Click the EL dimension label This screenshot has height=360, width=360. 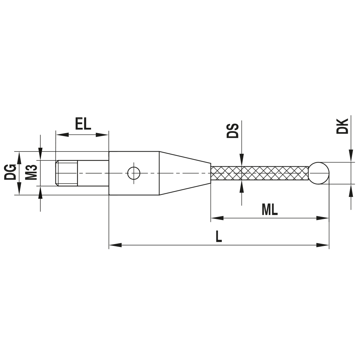click(x=83, y=124)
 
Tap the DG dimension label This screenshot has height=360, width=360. click(x=10, y=173)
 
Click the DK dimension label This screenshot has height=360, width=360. click(x=342, y=126)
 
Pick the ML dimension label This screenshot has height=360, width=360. click(x=270, y=210)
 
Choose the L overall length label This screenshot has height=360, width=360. click(x=219, y=237)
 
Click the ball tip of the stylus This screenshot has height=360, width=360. click(x=319, y=173)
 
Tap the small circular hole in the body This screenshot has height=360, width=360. click(x=134, y=173)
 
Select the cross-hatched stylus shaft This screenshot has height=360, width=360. click(x=259, y=173)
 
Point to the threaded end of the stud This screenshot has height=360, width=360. click(x=67, y=173)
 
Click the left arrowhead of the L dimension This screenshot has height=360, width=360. click(x=115, y=245)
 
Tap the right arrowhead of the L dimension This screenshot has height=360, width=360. click(x=323, y=245)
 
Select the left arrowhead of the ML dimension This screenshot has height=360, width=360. click(x=217, y=218)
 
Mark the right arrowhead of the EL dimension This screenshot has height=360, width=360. click(x=102, y=135)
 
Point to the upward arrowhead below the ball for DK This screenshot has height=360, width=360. click(x=351, y=190)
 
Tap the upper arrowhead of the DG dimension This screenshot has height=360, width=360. click(x=19, y=157)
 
